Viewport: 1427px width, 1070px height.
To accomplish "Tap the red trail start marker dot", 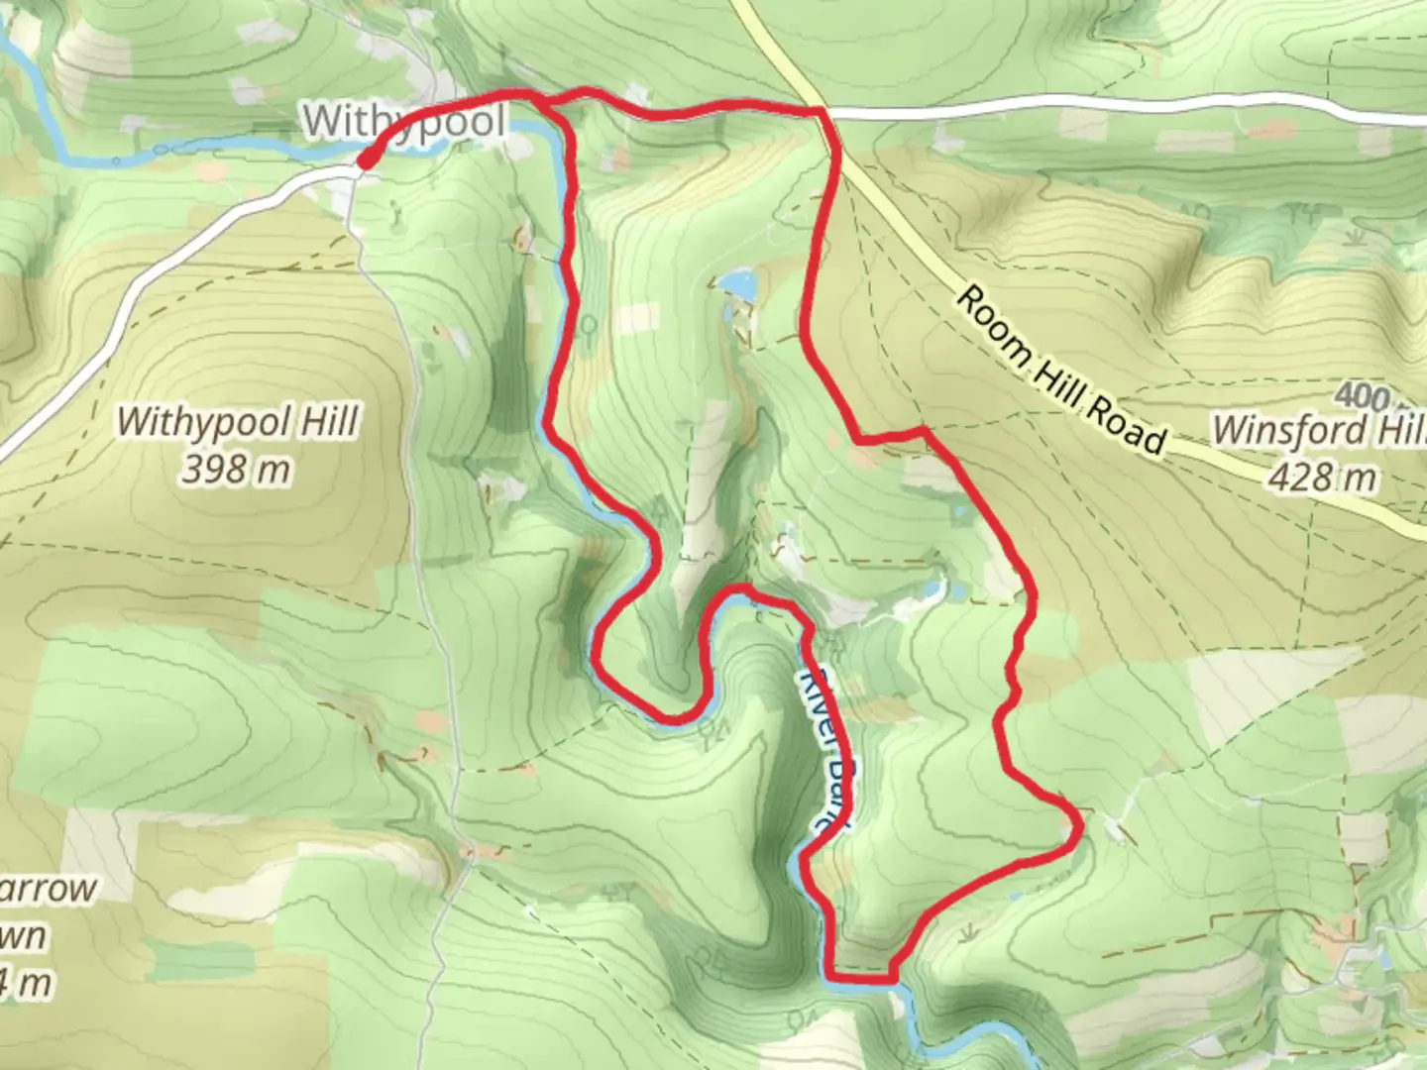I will [365, 160].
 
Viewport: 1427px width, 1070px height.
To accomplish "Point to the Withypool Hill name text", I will [237, 423].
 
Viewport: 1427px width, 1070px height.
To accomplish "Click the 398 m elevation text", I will [236, 469].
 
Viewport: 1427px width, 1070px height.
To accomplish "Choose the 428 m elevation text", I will [1322, 478].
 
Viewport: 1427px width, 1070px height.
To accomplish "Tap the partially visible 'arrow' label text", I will [49, 889].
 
